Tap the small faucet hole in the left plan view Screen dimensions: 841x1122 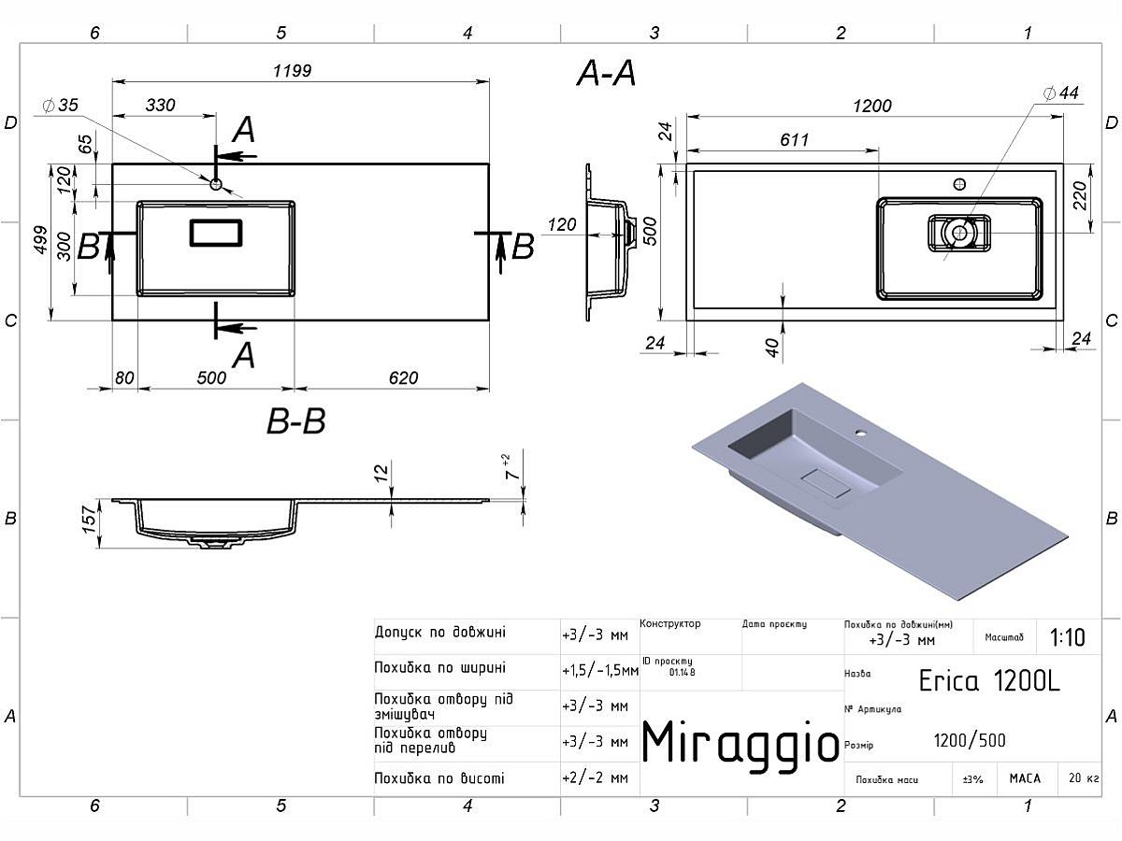(216, 184)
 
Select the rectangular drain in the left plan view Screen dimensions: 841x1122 (216, 232)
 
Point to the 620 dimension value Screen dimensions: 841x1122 (403, 378)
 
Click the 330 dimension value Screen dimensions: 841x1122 (160, 106)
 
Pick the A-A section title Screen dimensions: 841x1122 (607, 73)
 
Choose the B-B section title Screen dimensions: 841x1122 (295, 422)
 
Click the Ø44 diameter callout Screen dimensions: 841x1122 (1061, 93)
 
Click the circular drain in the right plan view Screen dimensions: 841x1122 (958, 232)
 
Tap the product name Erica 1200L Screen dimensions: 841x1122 (989, 680)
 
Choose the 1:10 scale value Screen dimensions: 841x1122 (1068, 637)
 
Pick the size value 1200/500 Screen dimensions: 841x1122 (970, 741)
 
